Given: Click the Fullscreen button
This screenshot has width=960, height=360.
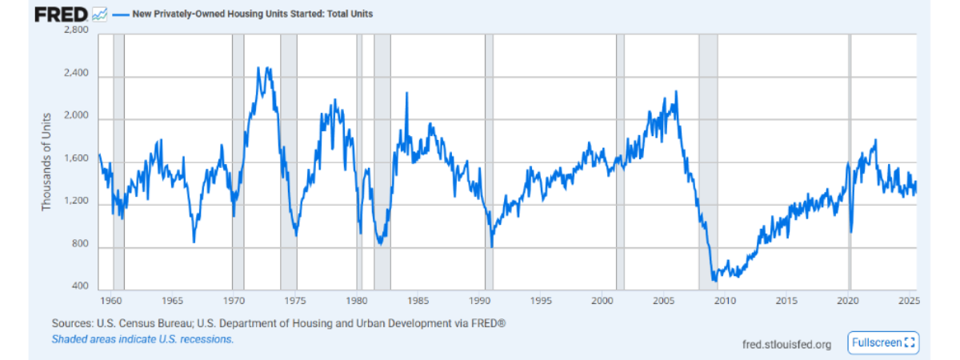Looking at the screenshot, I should [883, 342].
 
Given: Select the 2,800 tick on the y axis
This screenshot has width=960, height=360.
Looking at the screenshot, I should [78, 31].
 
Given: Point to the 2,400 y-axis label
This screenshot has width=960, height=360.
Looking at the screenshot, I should [78, 75].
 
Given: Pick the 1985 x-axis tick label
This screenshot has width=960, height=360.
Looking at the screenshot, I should [418, 301].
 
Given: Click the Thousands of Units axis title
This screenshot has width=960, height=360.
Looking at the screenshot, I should [46, 161].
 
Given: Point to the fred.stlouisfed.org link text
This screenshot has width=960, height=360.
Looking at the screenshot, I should [787, 344].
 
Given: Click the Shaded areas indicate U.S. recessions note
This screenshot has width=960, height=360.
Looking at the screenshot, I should [143, 339].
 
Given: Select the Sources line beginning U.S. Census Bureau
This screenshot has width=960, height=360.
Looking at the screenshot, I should [279, 323].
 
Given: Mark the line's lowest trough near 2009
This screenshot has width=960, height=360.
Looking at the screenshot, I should [714, 281].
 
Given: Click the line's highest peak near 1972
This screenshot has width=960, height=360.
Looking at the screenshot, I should [258, 68].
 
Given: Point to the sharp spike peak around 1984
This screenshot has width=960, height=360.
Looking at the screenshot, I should [406, 94].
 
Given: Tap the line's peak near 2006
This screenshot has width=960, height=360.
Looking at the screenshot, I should [676, 91].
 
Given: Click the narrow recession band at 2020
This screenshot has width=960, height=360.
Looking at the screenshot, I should [850, 160].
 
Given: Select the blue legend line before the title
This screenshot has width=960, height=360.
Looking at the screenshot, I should [120, 14].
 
